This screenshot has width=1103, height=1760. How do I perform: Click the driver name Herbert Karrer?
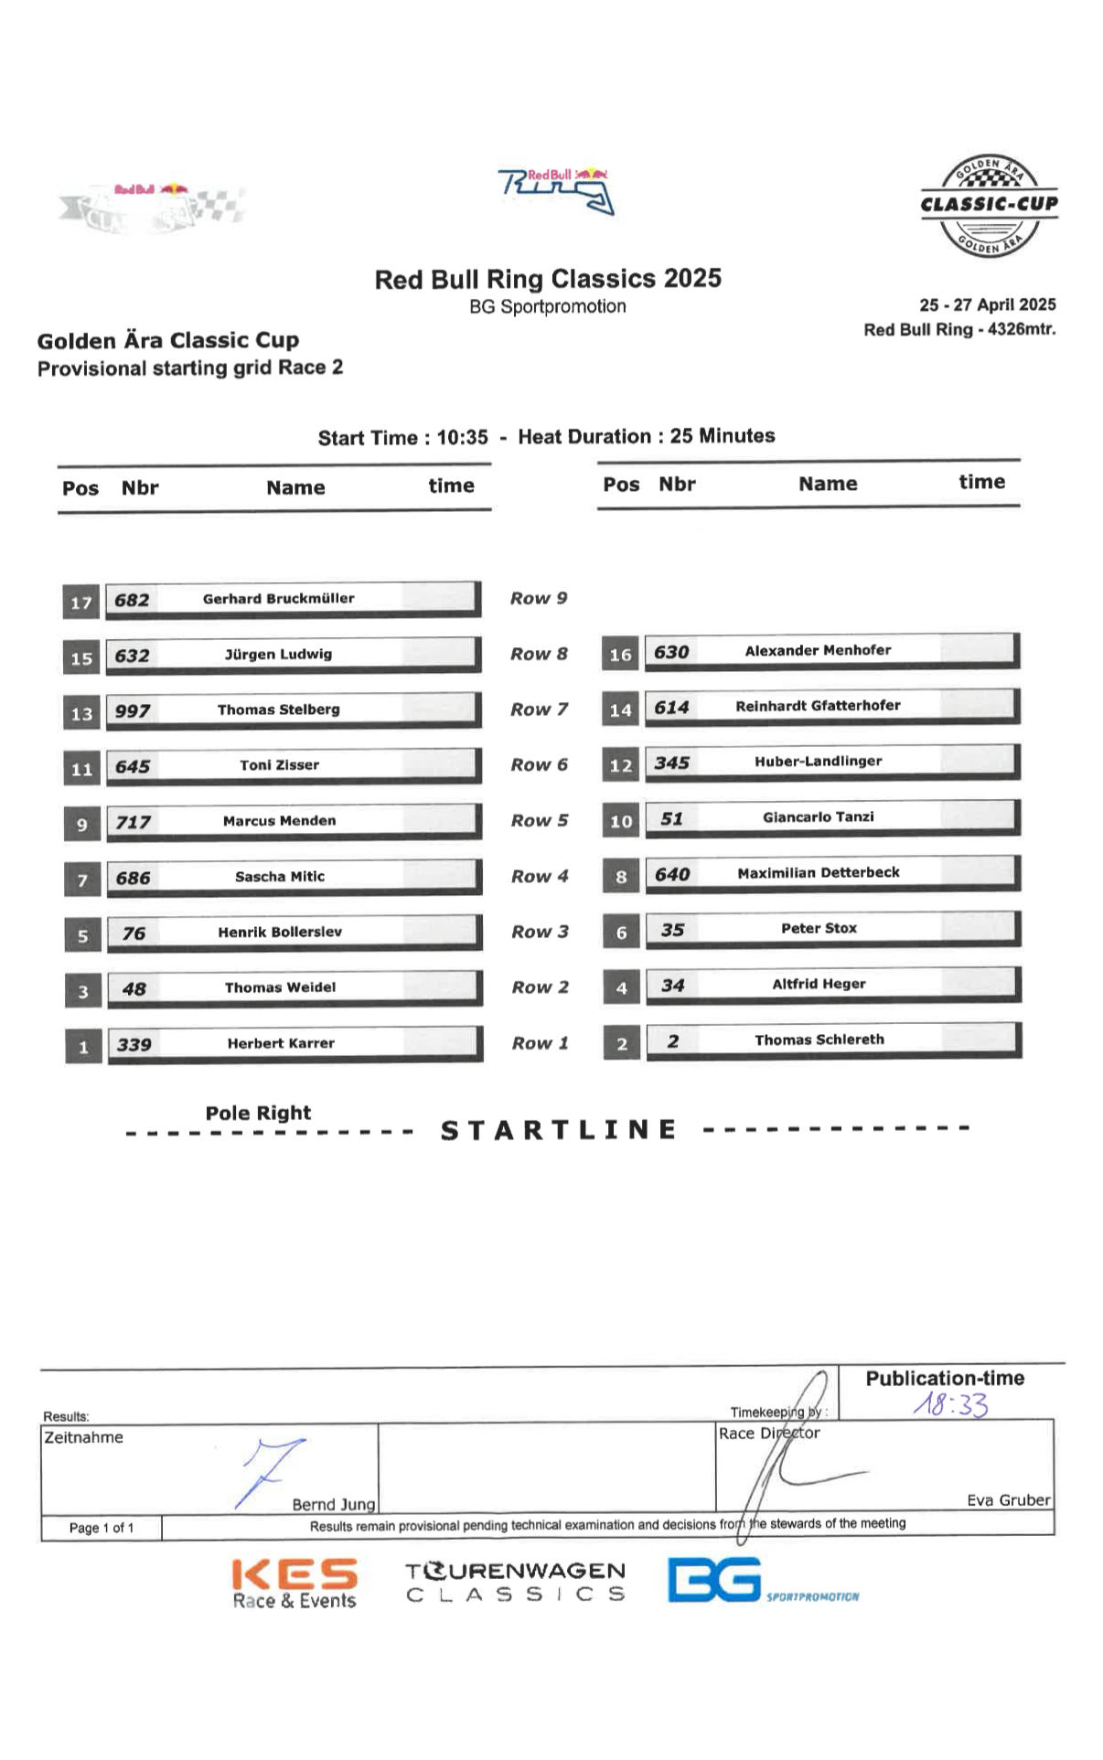tap(281, 1043)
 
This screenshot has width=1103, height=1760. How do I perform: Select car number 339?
tap(134, 1044)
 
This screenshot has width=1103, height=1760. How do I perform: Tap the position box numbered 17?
tap(81, 603)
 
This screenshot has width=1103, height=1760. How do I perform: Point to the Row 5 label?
tap(539, 821)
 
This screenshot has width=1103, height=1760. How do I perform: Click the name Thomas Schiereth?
tap(819, 1040)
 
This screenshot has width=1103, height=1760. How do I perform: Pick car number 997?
tap(133, 711)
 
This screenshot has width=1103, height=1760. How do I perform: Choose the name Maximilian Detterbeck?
tap(818, 873)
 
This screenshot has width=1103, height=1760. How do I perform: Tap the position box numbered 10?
tap(621, 822)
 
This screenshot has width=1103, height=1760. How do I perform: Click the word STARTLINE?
tap(559, 1130)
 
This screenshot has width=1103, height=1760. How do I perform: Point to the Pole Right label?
tap(258, 1113)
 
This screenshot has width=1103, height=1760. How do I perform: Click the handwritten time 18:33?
tap(951, 1405)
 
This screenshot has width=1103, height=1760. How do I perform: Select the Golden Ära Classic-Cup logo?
tap(989, 205)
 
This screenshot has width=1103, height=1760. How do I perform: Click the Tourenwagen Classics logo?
tap(516, 1582)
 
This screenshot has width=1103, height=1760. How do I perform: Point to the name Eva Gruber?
tap(1008, 1500)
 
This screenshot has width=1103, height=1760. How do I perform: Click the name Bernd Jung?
tap(333, 1505)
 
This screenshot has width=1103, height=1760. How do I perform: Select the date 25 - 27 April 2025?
tap(987, 305)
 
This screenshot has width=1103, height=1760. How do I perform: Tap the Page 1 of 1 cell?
tap(102, 1528)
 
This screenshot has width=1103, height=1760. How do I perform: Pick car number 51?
tap(671, 818)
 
